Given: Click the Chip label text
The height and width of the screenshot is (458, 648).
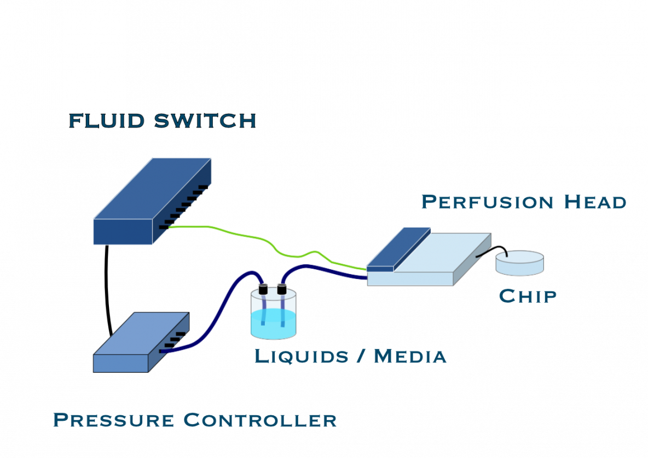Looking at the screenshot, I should (x=528, y=297).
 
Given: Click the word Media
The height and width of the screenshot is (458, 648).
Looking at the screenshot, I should (x=410, y=357).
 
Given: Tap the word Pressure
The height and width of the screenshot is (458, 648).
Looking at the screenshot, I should (x=113, y=420).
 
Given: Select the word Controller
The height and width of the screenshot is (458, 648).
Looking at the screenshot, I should (x=259, y=420).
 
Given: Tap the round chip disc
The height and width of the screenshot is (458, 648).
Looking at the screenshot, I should (x=519, y=263).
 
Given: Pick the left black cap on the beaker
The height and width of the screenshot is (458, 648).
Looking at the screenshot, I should (x=263, y=289).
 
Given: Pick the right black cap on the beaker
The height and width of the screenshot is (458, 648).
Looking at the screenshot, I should (x=282, y=288).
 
